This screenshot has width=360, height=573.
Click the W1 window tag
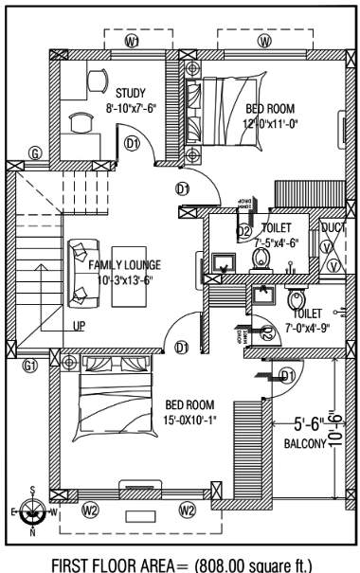tap(133, 43)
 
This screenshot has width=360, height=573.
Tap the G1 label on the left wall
tap(30, 366)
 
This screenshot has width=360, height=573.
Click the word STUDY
tap(130, 93)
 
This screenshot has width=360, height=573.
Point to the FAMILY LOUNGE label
tap(125, 265)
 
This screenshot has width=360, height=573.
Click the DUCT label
tap(333, 227)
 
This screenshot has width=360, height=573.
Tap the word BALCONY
tap(304, 443)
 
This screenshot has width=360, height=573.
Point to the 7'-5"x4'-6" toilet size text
tap(279, 242)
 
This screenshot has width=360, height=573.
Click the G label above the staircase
tap(35, 153)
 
